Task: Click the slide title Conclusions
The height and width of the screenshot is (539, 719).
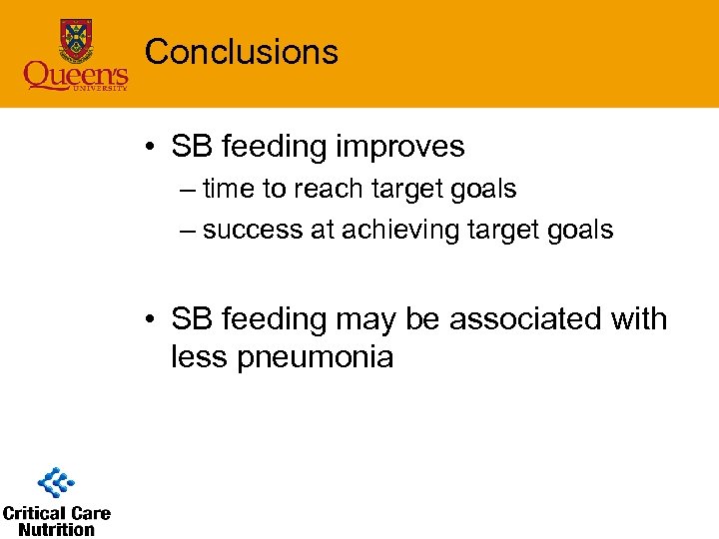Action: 242,51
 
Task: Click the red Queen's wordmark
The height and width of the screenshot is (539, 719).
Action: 76,75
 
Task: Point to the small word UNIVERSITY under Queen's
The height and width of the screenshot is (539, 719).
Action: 99,90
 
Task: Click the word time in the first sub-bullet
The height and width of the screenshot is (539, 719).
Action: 228,188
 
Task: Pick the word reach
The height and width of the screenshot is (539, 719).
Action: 330,188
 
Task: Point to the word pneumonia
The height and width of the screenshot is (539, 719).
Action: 316,356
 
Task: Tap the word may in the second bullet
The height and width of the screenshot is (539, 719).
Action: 370,319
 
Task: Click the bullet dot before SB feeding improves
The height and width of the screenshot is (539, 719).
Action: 148,148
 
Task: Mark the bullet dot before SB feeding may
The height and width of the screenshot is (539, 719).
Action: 148,320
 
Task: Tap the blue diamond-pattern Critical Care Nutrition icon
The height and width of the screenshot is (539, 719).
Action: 56,483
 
